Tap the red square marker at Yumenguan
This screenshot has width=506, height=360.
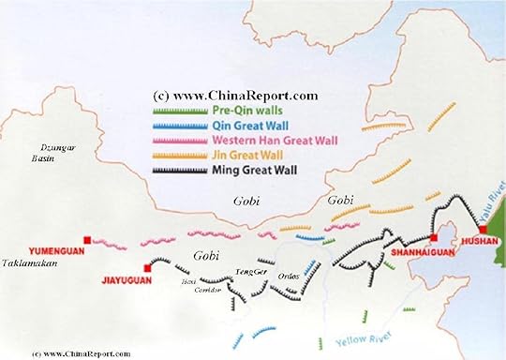(x=87, y=239)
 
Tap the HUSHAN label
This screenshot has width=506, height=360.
(x=482, y=251)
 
